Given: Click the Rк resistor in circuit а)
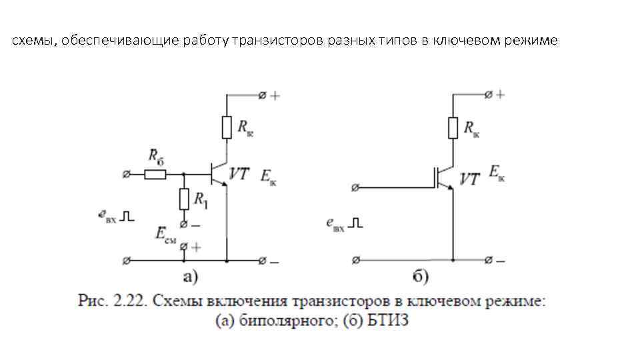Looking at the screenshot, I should (x=227, y=127).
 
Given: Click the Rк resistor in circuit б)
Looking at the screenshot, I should (x=453, y=127).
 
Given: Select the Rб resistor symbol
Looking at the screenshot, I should (x=155, y=175).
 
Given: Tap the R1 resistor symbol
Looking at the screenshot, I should (x=183, y=199).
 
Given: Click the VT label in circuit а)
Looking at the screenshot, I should (x=239, y=173).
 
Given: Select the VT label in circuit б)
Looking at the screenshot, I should (x=470, y=179).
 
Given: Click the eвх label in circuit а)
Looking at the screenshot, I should (x=107, y=215).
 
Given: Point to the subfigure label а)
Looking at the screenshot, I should (x=191, y=276).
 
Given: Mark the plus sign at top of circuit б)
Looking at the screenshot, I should (x=500, y=95).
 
